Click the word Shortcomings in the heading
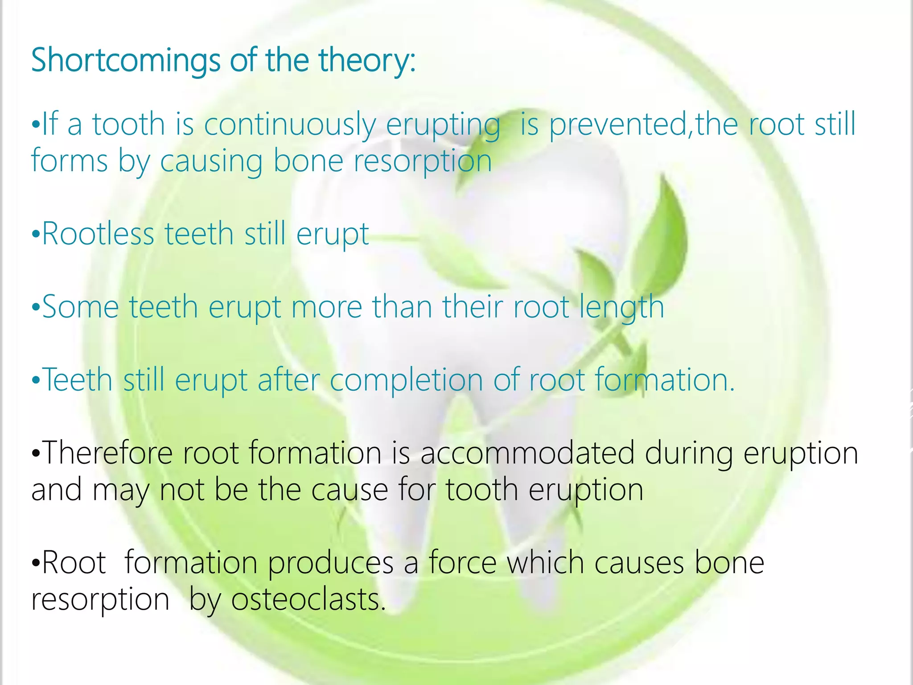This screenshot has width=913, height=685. pos(125,60)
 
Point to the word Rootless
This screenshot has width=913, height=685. pos(98,234)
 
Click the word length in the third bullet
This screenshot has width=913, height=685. pos(621,308)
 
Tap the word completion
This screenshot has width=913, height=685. pos(406,380)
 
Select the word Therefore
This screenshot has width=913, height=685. pos(107,453)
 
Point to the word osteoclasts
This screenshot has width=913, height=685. pos(307,599)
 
